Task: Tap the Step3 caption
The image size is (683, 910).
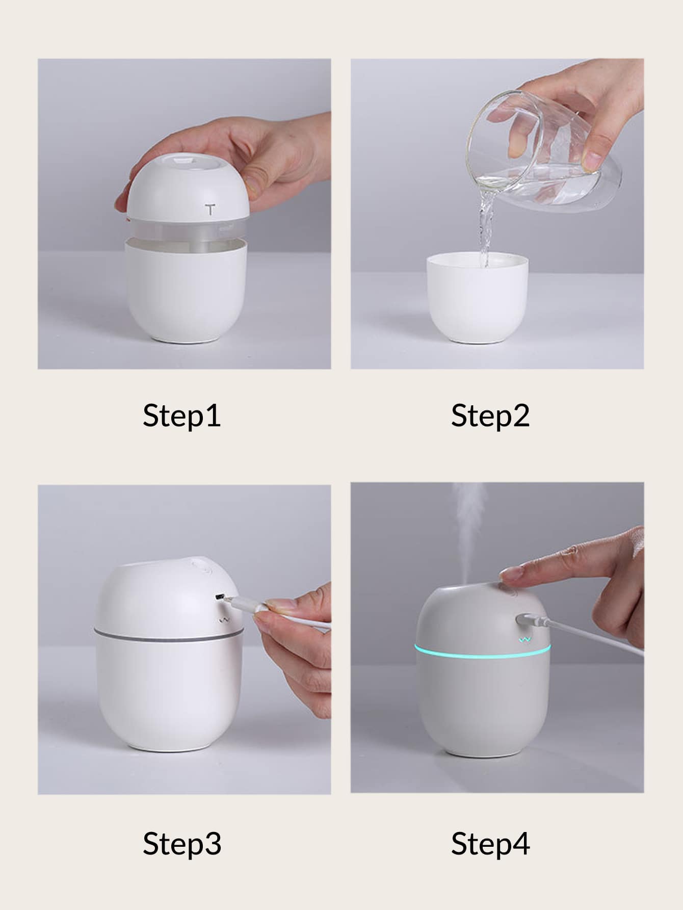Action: [x=182, y=844]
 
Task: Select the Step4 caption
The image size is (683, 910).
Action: [x=490, y=844]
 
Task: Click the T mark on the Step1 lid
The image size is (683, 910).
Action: [x=210, y=209]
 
